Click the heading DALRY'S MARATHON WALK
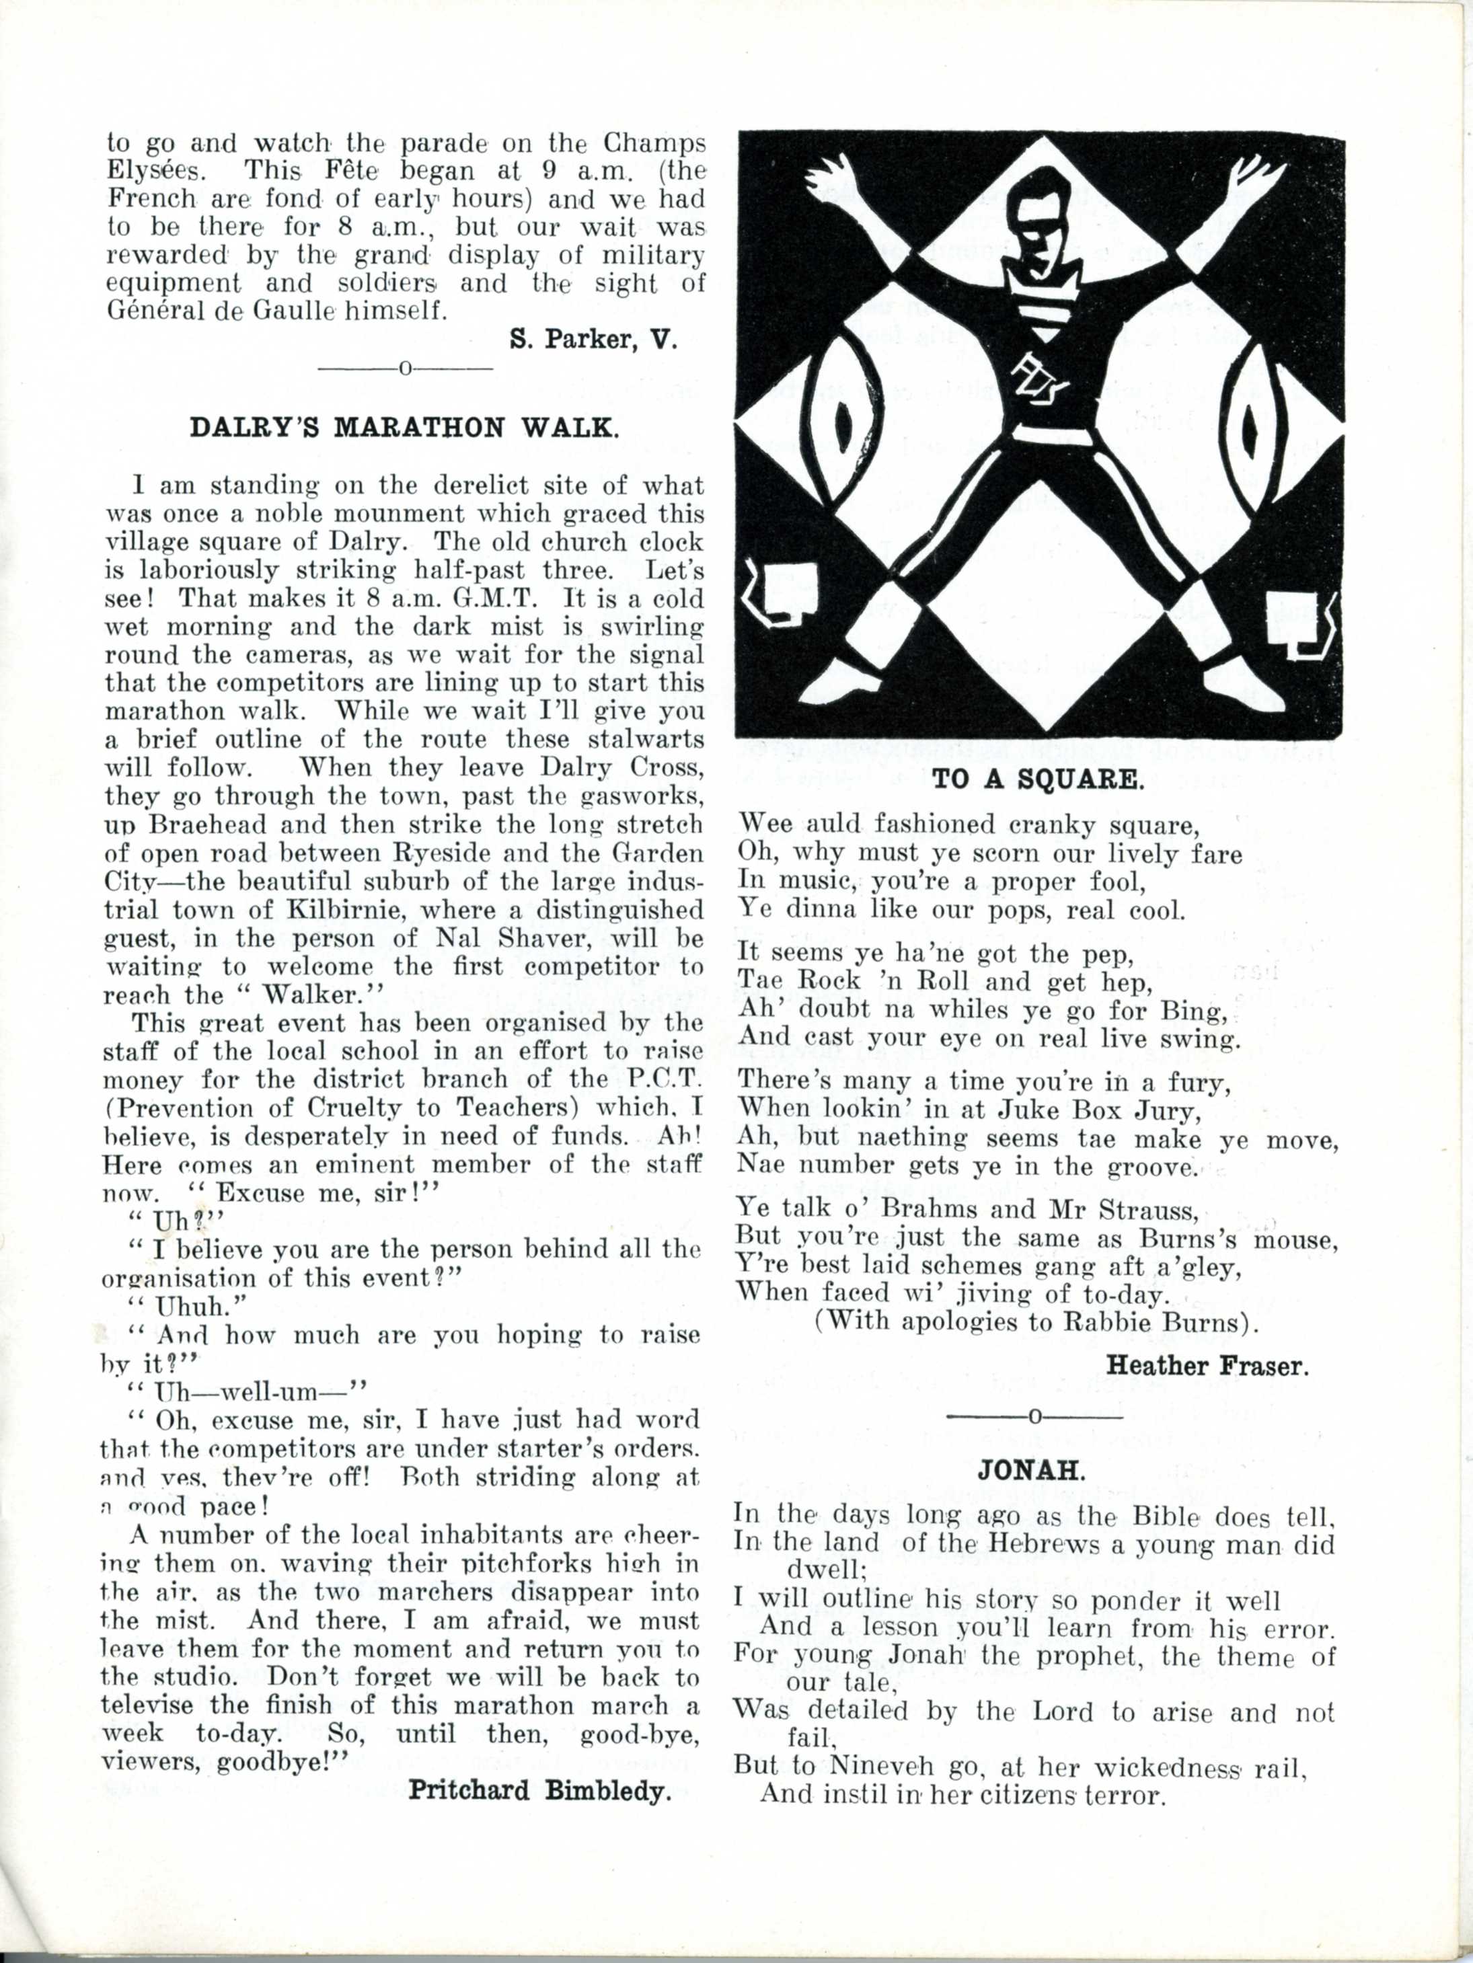point(404,428)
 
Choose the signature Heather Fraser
point(1207,1365)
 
